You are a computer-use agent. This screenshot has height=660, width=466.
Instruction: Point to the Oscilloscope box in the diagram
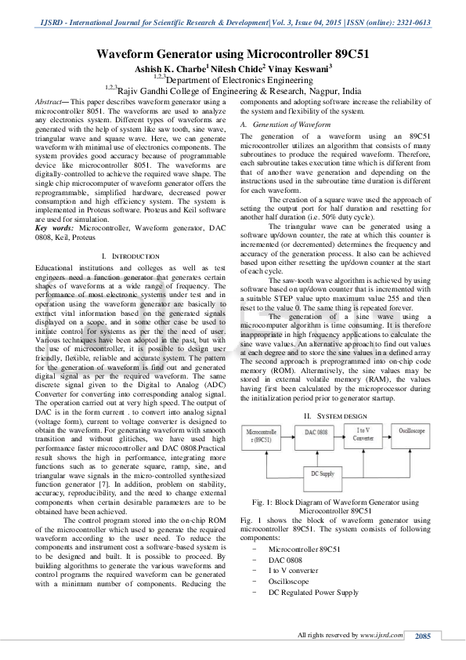[413, 433]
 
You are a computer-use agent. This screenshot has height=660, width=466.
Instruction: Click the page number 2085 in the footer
[423, 636]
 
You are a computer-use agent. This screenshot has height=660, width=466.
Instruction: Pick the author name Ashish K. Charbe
[168, 69]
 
